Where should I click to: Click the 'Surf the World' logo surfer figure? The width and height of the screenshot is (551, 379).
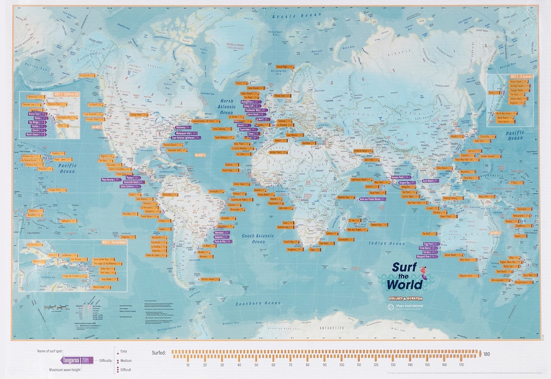pyautogui.click(x=423, y=272)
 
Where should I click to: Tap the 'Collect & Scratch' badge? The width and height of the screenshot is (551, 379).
pyautogui.click(x=406, y=298)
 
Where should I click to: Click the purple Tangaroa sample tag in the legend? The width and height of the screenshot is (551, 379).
pyautogui.click(x=77, y=360)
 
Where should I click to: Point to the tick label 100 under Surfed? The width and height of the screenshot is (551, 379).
pyautogui.click(x=342, y=365)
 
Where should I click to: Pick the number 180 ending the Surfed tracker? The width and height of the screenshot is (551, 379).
pyautogui.click(x=486, y=354)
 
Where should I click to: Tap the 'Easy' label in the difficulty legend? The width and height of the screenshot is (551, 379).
pyautogui.click(x=124, y=350)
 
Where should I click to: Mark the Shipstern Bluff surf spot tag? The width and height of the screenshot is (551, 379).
pyautogui.click(x=469, y=276)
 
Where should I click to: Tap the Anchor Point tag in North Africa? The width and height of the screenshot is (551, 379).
pyautogui.click(x=278, y=152)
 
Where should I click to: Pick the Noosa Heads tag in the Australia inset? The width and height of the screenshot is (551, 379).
pyautogui.click(x=505, y=82)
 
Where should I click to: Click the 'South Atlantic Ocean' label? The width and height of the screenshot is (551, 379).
pyautogui.click(x=259, y=239)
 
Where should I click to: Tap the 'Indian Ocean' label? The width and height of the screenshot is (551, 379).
pyautogui.click(x=384, y=243)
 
